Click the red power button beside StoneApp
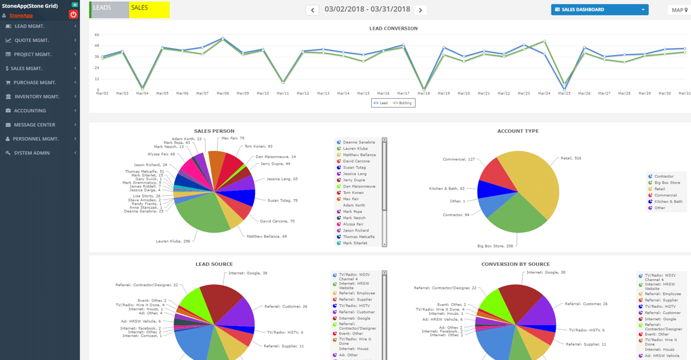click(x=73, y=14)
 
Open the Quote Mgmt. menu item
click(x=31, y=40)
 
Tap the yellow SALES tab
click(x=149, y=9)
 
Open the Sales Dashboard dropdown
click(x=599, y=9)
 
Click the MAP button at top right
click(x=678, y=10)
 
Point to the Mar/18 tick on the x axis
click(x=424, y=94)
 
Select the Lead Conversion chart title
click(x=393, y=28)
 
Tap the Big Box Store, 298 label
click(x=495, y=246)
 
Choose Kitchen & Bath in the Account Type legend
click(x=668, y=202)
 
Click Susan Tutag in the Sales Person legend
click(x=354, y=168)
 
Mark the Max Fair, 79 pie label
click(x=233, y=138)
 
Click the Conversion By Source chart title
click(x=515, y=264)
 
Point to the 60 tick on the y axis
click(x=97, y=35)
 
